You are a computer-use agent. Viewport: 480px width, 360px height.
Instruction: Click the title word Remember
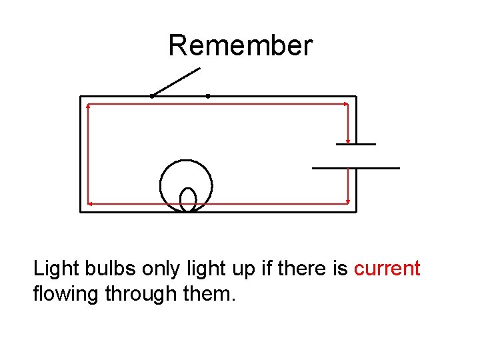coord(240,46)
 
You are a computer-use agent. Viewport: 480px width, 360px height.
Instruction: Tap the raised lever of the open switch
coord(176,82)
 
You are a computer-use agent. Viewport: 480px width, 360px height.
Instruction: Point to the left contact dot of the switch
coord(152,96)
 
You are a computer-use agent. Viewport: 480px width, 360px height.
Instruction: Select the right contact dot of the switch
coord(208,96)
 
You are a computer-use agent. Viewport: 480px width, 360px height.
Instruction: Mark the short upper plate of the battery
coord(355,144)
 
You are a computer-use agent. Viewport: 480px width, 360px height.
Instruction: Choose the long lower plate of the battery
coord(355,167)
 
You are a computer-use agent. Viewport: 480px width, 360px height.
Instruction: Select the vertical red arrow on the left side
coord(89,153)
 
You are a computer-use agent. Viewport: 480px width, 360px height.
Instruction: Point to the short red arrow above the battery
coord(349,123)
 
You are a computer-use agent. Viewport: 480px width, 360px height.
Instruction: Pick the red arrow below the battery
coord(349,186)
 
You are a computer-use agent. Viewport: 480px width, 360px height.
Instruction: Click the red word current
coord(387,269)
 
